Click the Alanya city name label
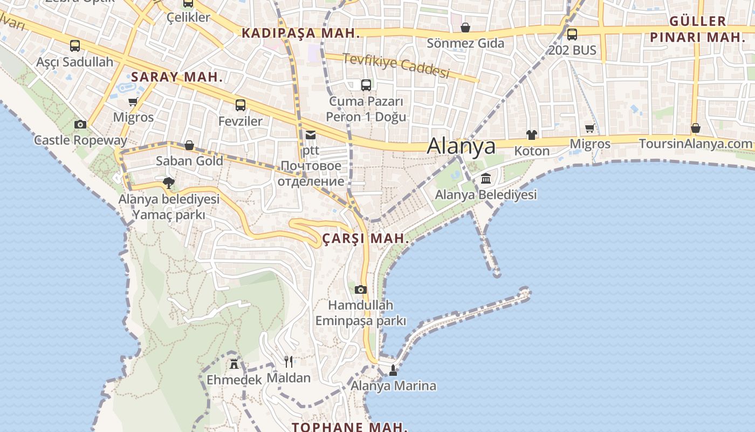pos(461,146)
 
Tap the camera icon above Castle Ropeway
pos(80,125)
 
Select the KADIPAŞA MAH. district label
pos(300,33)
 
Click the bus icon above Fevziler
pos(241,105)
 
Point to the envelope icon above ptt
pos(311,135)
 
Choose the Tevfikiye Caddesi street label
pos(396,65)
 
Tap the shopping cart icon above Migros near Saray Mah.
pos(133,102)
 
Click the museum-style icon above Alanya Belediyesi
pos(486,178)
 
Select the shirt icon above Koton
pos(532,135)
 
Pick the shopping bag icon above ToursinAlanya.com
pos(696,128)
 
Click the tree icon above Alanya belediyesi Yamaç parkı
pos(169,183)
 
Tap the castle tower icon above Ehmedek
pos(234,363)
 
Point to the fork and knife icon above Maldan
pos(289,361)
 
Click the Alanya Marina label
pos(393,386)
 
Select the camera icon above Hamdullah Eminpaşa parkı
pos(361,289)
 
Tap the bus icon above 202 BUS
pos(572,35)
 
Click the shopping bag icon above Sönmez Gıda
pos(465,27)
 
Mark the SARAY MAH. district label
pos(177,77)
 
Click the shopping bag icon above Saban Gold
pos(189,145)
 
